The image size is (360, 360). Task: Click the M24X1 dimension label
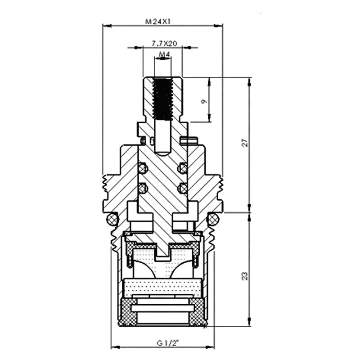pyautogui.click(x=158, y=22)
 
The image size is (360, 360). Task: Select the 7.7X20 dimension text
pyautogui.click(x=164, y=43)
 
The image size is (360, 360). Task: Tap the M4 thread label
pyautogui.click(x=164, y=54)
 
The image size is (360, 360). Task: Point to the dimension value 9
pyautogui.click(x=204, y=101)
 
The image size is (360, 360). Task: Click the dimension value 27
pyautogui.click(x=245, y=142)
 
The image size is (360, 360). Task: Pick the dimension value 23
pyautogui.click(x=245, y=276)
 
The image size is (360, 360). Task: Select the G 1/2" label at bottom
pyautogui.click(x=167, y=343)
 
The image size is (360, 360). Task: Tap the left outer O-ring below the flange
pyautogui.click(x=112, y=219)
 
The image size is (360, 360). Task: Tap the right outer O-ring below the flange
pyautogui.click(x=213, y=219)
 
